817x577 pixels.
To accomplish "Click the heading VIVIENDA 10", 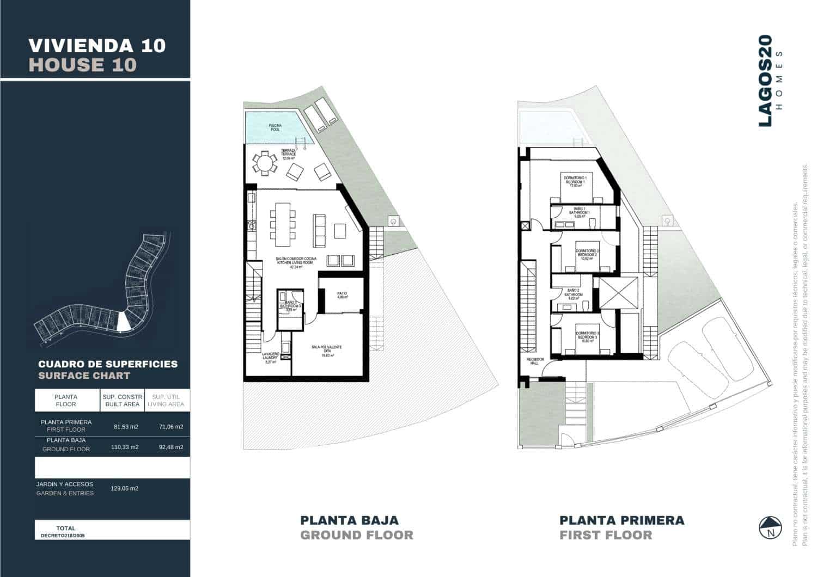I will pos(96,45).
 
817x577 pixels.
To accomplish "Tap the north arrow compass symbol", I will pos(770,527).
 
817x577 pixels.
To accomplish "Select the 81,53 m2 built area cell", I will pos(126,427).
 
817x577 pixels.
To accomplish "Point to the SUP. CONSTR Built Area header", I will pos(122,401).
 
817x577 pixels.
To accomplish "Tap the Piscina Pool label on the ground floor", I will pos(275,128).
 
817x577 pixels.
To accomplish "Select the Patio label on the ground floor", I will pos(342,296).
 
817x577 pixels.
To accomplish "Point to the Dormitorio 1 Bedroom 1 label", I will pos(576,182).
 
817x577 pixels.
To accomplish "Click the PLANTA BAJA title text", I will pos(349,520).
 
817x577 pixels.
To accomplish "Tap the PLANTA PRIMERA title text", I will pos(621,520).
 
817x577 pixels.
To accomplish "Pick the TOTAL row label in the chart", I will pos(66,528).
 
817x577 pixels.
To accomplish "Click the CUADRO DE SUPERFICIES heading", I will pos(108,364).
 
